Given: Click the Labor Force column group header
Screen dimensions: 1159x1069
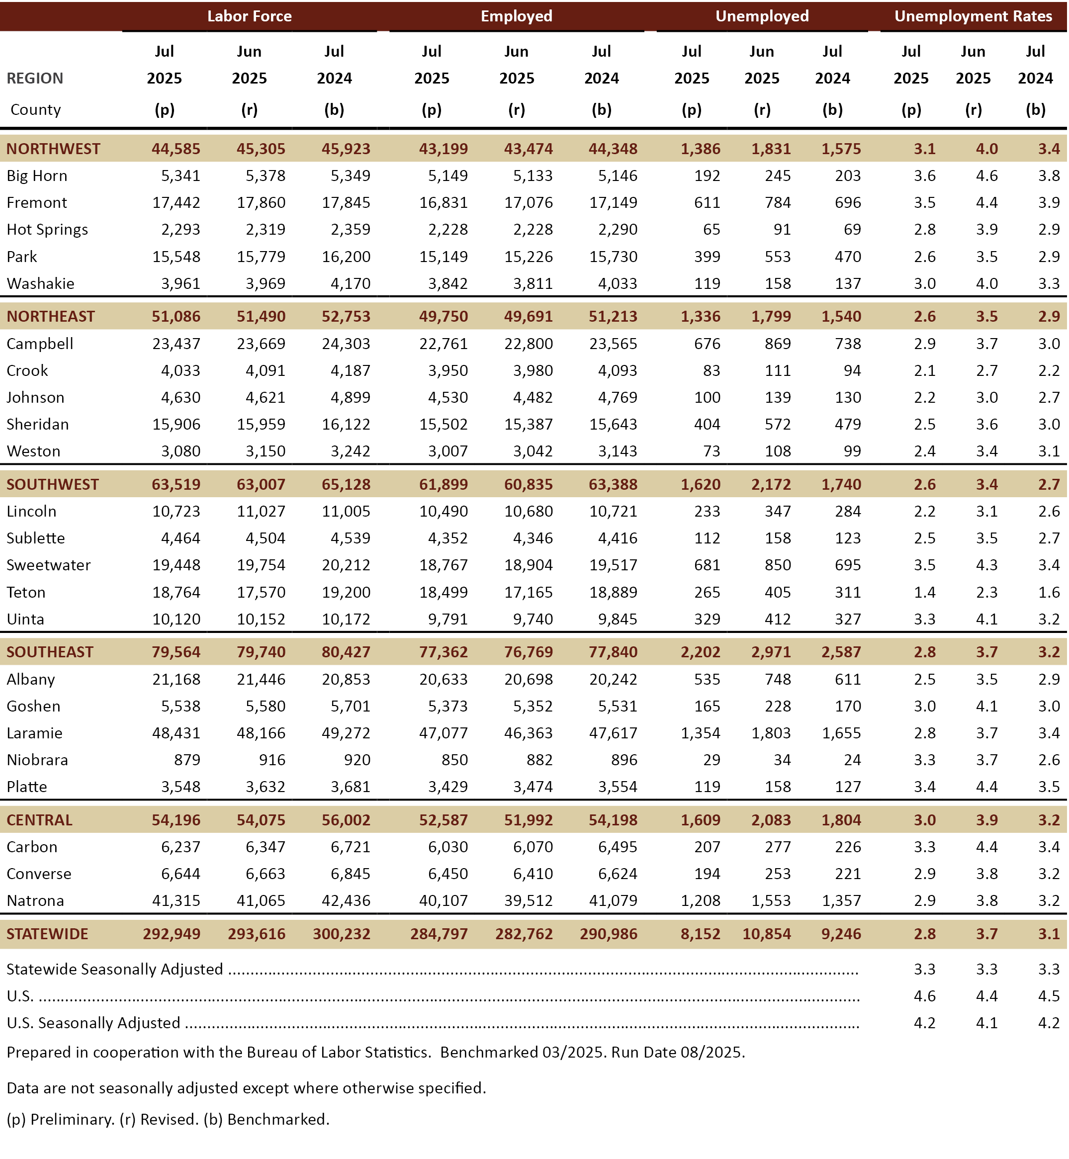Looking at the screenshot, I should tap(249, 16).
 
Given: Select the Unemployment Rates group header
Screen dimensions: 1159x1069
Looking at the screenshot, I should tap(973, 16).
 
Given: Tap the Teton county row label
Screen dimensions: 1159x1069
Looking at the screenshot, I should tap(26, 592).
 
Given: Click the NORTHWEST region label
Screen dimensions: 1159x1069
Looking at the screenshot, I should tap(53, 149).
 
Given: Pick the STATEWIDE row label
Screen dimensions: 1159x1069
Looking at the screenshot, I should tap(47, 934).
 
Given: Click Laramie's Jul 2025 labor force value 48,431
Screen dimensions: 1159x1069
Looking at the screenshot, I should tap(176, 733).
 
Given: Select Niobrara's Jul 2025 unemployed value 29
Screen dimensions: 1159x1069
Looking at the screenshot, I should tap(712, 760).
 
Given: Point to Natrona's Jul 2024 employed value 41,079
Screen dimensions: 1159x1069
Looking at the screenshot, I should tap(613, 900).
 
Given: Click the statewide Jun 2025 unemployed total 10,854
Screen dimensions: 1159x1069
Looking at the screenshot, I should tap(767, 934).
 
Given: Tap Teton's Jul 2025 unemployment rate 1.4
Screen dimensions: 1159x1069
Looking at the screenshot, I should tap(924, 592).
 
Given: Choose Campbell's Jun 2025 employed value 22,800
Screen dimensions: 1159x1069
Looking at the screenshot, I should tap(528, 344).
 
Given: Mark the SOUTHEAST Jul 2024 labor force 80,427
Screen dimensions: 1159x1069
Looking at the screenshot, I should tap(346, 652).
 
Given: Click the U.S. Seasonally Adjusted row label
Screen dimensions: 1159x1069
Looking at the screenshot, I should tap(93, 1023).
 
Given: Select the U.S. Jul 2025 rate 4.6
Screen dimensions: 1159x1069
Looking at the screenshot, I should tap(924, 996).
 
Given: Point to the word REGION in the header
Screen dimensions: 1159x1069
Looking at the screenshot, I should tap(35, 78).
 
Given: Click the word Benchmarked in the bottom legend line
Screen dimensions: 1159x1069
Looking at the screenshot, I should tap(277, 1120).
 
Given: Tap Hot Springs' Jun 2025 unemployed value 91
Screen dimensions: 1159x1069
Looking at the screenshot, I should tap(782, 230).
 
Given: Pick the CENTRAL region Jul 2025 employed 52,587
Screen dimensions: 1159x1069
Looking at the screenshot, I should tap(444, 820).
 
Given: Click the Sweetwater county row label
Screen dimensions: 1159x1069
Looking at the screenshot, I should tap(49, 565).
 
